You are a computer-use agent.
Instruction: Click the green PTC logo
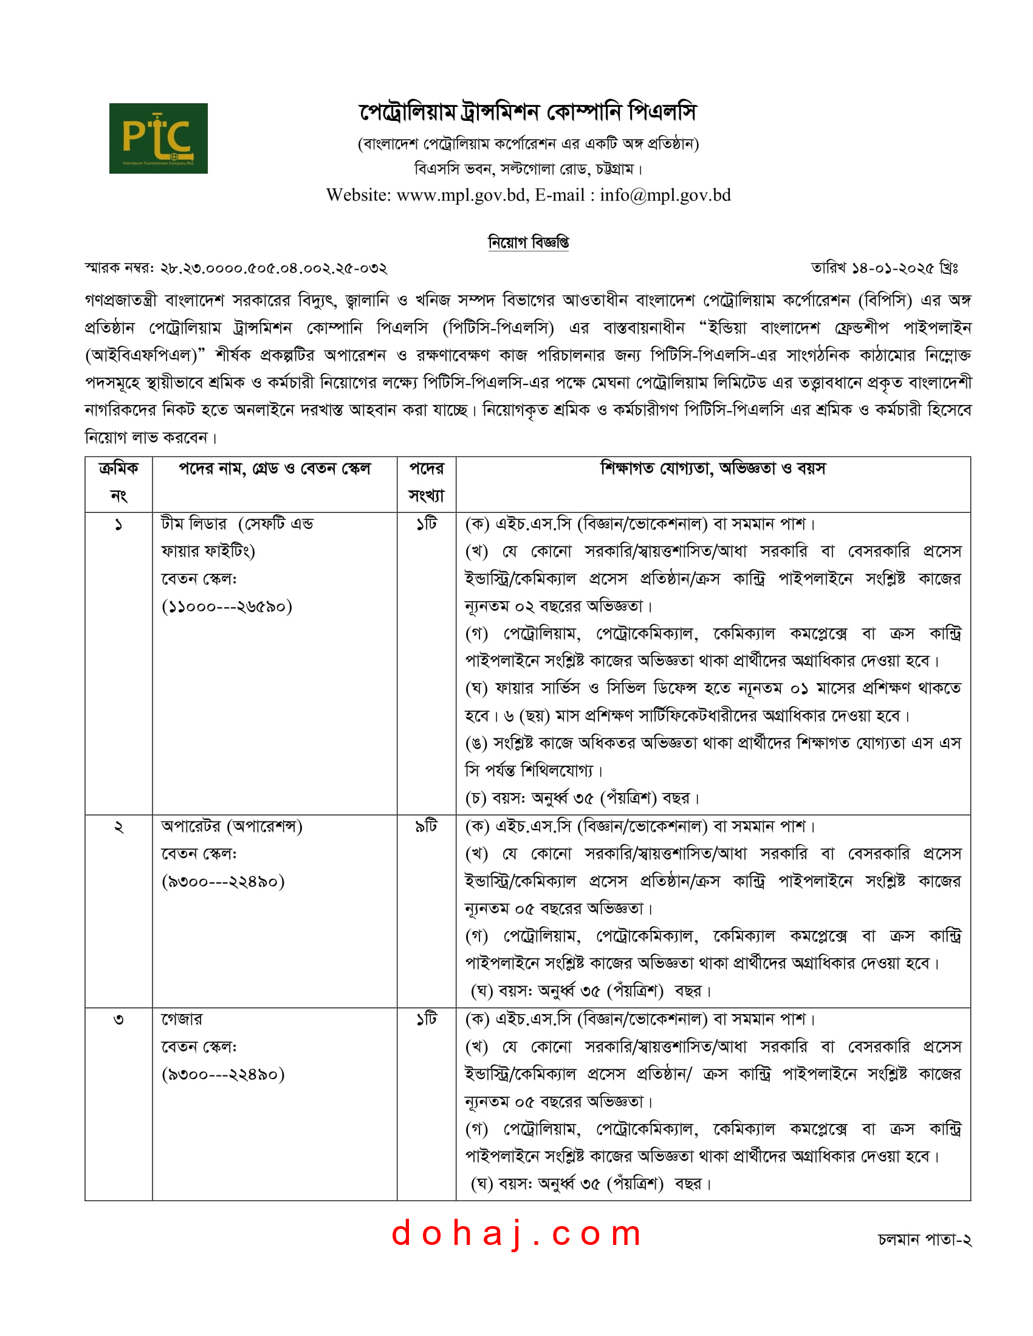click(158, 138)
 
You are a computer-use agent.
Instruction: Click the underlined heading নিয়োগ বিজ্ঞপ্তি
click(528, 242)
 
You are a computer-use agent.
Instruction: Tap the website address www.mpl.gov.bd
click(461, 195)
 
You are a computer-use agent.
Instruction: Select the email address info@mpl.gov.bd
click(665, 195)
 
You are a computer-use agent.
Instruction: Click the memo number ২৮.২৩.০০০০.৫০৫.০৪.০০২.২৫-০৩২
click(273, 268)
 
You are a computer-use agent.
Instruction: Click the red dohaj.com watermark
click(516, 1233)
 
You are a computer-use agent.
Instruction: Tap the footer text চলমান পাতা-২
click(924, 1239)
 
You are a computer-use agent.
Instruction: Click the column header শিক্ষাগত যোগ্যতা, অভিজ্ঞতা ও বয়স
click(712, 469)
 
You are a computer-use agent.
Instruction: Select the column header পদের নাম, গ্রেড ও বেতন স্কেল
click(274, 469)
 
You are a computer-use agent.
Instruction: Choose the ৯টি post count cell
click(426, 826)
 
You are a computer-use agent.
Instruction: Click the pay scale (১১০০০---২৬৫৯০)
click(227, 606)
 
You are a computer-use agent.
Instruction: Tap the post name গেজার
click(181, 1019)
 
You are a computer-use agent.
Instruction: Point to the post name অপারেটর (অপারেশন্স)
click(232, 826)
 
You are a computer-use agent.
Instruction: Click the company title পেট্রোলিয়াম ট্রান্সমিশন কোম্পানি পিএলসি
click(527, 112)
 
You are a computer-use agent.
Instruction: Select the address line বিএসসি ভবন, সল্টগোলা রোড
click(527, 168)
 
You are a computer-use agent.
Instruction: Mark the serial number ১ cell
click(118, 525)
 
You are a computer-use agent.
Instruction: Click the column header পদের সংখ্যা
click(426, 483)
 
